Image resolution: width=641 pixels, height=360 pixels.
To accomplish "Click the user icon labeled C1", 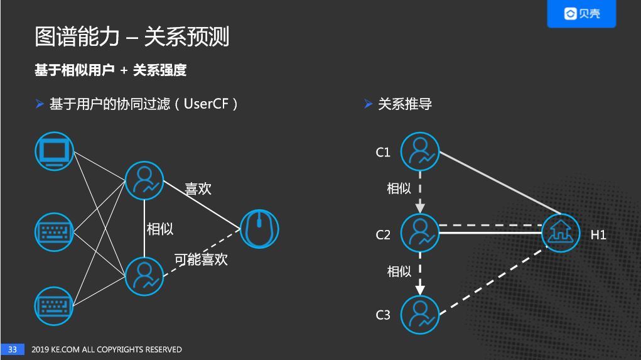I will [419, 151].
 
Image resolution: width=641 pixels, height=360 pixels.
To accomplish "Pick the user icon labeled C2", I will [419, 233].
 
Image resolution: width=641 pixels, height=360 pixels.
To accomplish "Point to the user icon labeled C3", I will [419, 314].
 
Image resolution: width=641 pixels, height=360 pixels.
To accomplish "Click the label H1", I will [598, 236].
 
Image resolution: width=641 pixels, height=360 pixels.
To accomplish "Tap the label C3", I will [383, 315].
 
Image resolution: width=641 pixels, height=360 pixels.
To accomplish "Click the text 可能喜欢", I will [201, 259].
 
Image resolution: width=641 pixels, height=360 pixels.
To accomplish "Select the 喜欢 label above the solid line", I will [198, 188].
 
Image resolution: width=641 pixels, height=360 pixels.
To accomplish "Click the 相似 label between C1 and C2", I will [399, 188].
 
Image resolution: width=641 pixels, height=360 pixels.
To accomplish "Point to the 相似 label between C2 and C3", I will [399, 271].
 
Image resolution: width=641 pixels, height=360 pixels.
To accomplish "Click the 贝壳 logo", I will [581, 14].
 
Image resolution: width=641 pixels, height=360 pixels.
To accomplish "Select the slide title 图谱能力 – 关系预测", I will [132, 37].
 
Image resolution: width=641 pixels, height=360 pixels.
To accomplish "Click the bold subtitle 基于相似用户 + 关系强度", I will [110, 70].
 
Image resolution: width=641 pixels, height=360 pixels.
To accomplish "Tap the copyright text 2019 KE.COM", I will [56, 349].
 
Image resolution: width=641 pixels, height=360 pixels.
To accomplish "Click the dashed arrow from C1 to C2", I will [420, 192].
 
